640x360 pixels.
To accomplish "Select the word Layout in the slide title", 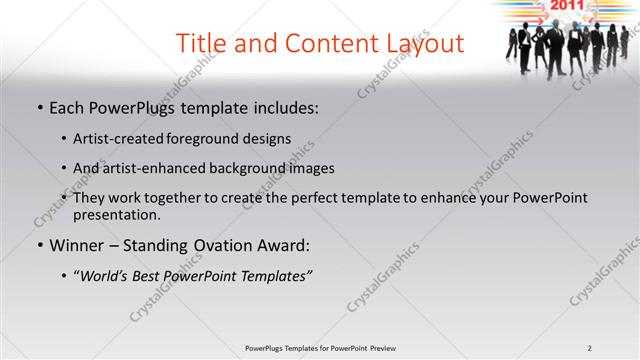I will coord(422,43).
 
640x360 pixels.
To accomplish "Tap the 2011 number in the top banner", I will coord(565,6).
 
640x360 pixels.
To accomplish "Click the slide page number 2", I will coord(590,348).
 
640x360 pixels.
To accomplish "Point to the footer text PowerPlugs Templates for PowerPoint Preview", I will coord(320,348).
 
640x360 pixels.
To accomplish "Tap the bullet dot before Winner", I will coord(39,245).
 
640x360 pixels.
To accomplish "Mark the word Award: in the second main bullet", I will coord(282,245).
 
